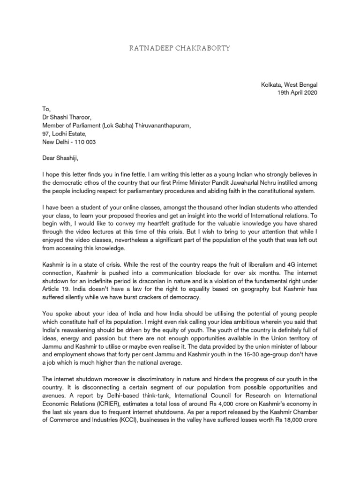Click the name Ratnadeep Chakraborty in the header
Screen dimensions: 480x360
tap(180, 48)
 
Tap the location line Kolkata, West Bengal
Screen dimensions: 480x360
tap(289, 85)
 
